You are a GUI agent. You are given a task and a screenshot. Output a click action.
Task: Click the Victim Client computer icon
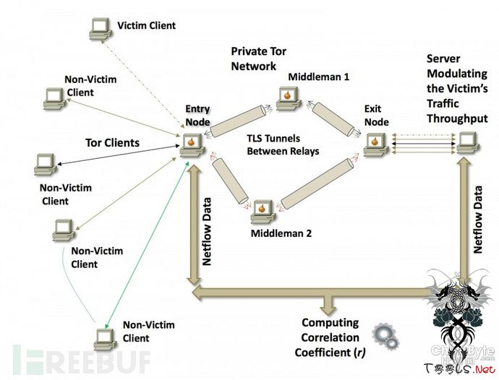click(100, 28)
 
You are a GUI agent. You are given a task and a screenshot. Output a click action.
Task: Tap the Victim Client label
click(146, 26)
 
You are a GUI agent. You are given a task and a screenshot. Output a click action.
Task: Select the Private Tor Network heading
click(254, 59)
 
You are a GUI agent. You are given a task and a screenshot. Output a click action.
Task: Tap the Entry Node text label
click(197, 115)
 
